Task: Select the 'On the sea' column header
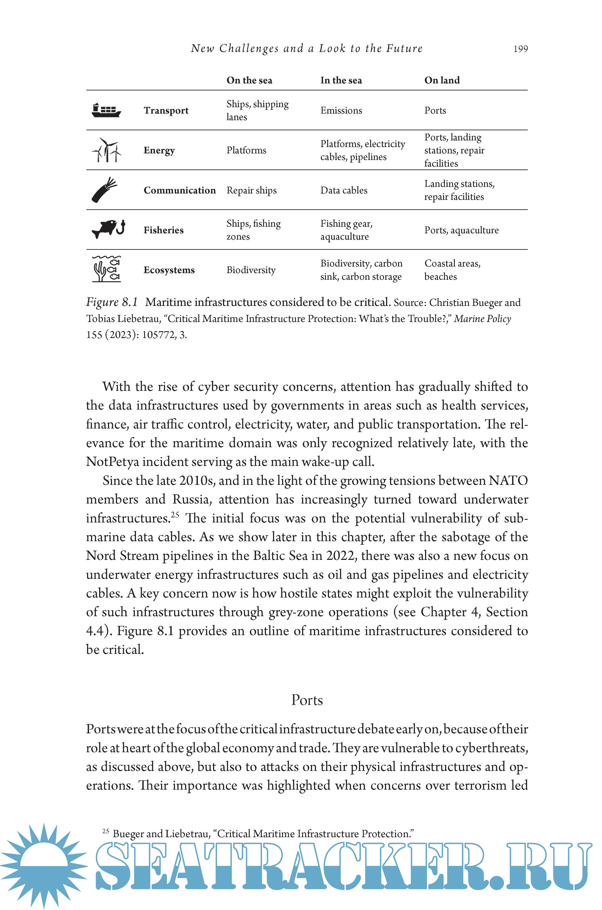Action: (x=249, y=80)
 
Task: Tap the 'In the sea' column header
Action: (x=341, y=80)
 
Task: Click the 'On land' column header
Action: (x=442, y=80)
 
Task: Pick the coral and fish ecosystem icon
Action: (x=106, y=269)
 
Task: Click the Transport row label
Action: (x=166, y=110)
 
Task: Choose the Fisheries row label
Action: (x=164, y=230)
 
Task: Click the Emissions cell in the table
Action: (x=341, y=110)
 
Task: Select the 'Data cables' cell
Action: (x=344, y=190)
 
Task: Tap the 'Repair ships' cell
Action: (x=251, y=190)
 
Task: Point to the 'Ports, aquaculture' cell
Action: (x=461, y=230)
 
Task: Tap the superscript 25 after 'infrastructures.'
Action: (x=175, y=515)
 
